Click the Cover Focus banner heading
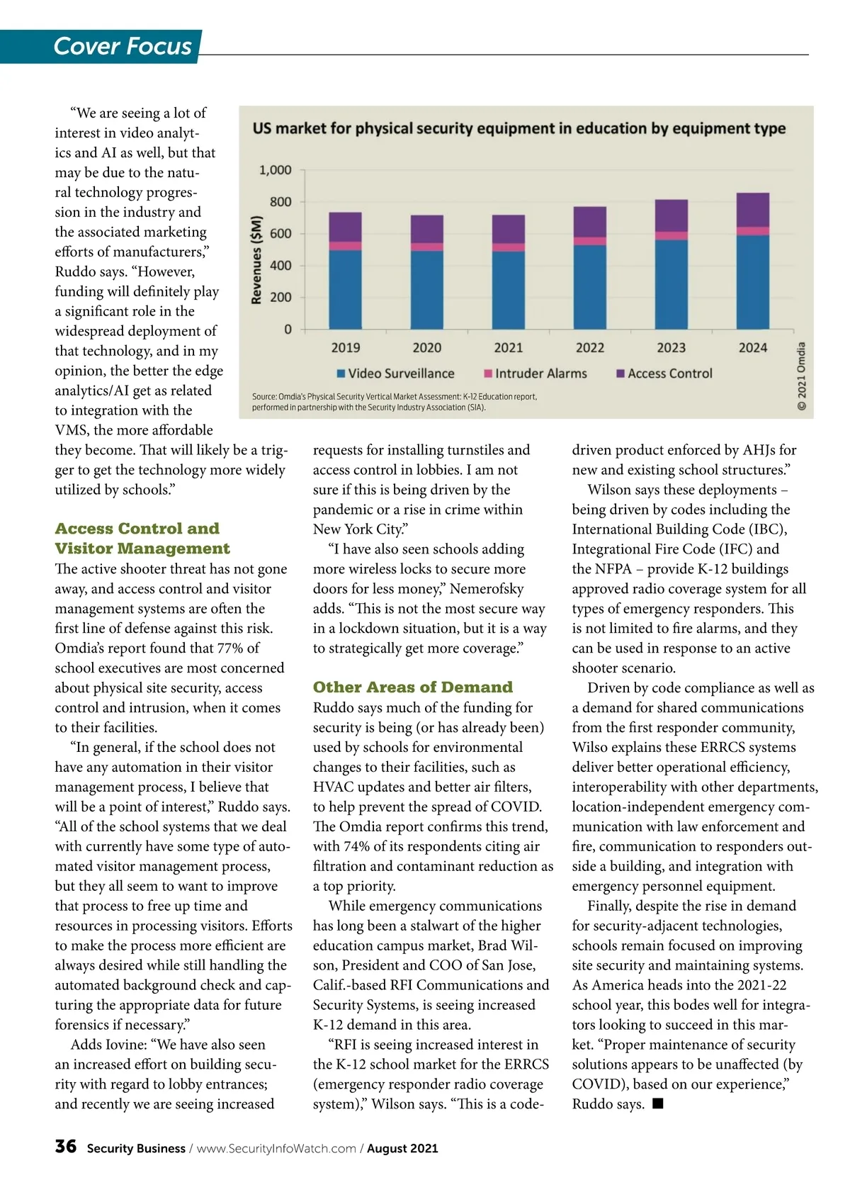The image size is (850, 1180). click(x=123, y=46)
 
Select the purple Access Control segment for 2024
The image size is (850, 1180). click(x=753, y=210)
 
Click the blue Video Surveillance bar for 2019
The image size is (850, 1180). click(x=346, y=289)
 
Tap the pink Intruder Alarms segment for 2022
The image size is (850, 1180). click(x=589, y=241)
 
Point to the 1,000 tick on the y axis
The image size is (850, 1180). click(x=276, y=170)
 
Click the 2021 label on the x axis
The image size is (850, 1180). click(x=508, y=348)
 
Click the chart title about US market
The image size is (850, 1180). click(x=519, y=128)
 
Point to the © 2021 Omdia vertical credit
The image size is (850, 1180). click(x=802, y=376)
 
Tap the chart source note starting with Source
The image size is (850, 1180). click(x=395, y=402)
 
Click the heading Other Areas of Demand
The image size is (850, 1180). click(x=413, y=687)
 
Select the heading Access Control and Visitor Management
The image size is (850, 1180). click(x=142, y=539)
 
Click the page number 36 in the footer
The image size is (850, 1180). click(x=65, y=1147)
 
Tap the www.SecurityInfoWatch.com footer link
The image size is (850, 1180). click(x=276, y=1149)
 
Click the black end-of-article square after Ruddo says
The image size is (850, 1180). click(x=658, y=1103)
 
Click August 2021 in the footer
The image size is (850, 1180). click(x=402, y=1149)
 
